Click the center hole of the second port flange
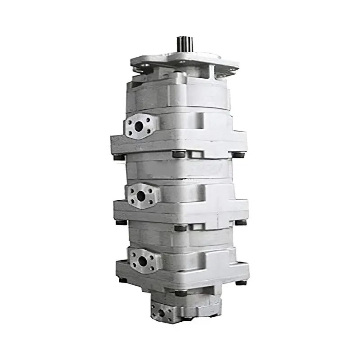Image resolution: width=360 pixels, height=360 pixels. pyautogui.click(x=141, y=196)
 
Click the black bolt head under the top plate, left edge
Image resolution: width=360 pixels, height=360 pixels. pyautogui.click(x=119, y=157)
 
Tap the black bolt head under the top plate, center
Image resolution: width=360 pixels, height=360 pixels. pyautogui.click(x=179, y=154)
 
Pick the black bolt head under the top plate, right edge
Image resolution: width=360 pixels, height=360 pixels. pyautogui.click(x=239, y=155)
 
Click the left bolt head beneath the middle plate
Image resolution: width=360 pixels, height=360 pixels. pyautogui.click(x=121, y=222)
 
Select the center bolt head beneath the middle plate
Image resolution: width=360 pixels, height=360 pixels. pyautogui.click(x=180, y=228)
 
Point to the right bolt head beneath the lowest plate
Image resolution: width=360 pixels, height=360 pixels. pyautogui.click(x=242, y=283)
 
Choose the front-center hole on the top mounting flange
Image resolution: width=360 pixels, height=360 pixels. pyautogui.click(x=182, y=62)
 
